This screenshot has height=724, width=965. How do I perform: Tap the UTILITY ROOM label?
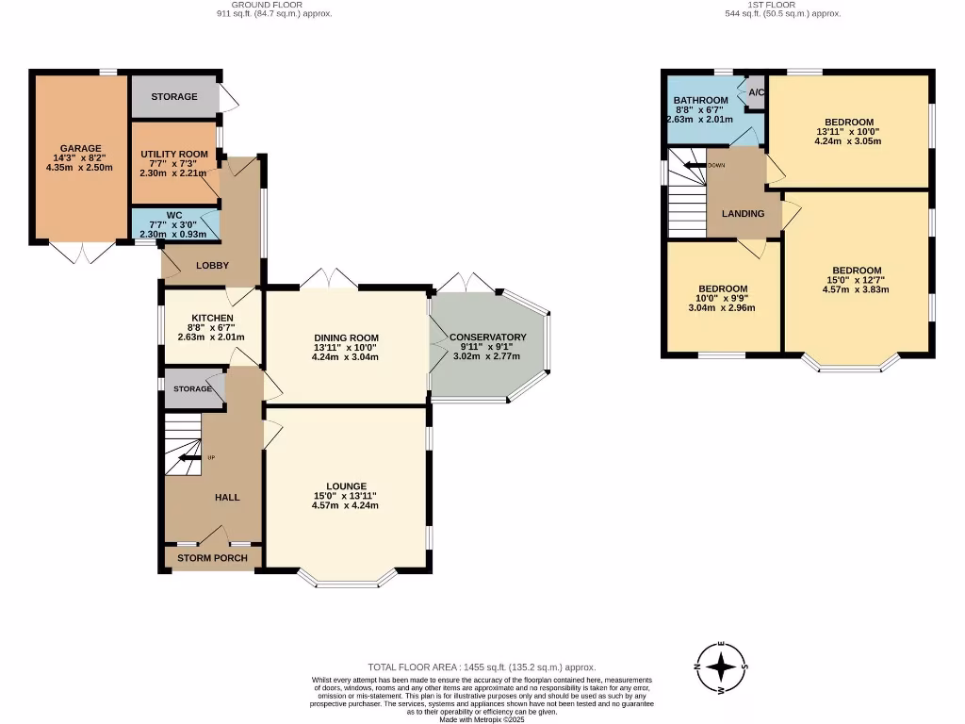(x=173, y=154)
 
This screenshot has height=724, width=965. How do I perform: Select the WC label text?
(x=173, y=215)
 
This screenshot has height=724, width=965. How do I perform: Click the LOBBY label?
(x=212, y=265)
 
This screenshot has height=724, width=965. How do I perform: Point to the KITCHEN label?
(x=212, y=318)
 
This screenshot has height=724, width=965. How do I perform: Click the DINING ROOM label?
(x=346, y=337)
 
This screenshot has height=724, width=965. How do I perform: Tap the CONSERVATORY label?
(x=487, y=337)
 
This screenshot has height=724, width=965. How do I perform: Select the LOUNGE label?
(x=346, y=486)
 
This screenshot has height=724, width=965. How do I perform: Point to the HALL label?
(x=227, y=497)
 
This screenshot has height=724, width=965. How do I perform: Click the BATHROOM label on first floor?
(x=700, y=101)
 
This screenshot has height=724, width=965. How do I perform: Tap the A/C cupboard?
(x=756, y=92)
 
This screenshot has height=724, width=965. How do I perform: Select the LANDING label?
(x=743, y=213)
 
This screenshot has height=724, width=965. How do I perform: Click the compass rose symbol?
(x=722, y=667)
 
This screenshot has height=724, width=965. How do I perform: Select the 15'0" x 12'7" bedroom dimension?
(x=856, y=280)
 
